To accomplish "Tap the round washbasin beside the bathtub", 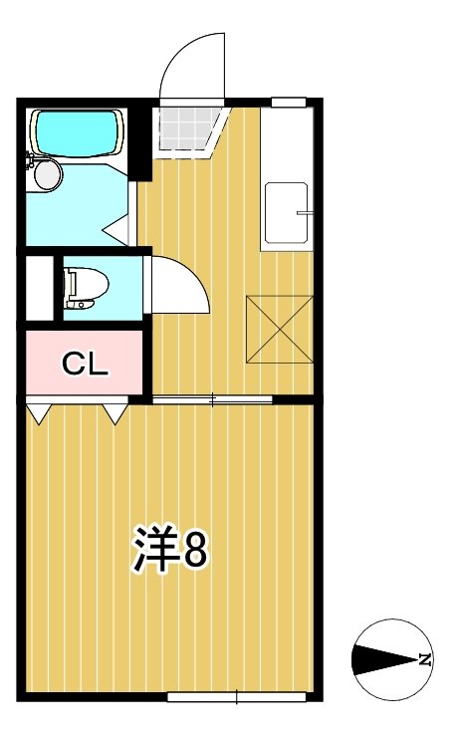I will pos(47,174).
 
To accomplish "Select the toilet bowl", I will pos(84,287).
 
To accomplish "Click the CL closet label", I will pos(85,365).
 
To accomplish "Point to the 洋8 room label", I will pos(170,549).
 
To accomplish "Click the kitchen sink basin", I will pos(286,214).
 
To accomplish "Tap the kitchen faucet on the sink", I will pos(305,212).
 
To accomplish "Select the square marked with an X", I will pos(280,329).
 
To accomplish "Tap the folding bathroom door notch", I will pos(119,227).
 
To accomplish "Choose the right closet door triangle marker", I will pos(114,411).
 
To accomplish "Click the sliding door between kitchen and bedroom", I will pos(212,399).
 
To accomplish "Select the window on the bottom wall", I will pos(236,694).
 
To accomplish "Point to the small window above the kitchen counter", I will pos(288,101).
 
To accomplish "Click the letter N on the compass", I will pos(424,658).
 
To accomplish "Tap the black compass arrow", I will pos(383,658).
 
